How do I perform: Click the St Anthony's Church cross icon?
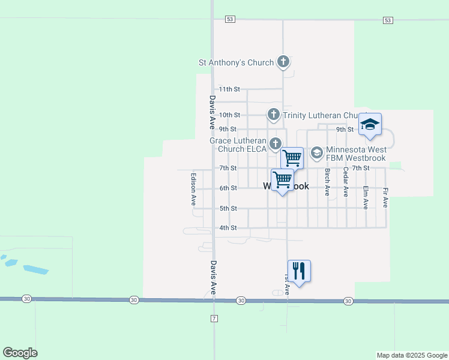[283, 62]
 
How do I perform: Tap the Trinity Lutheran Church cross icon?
[274, 115]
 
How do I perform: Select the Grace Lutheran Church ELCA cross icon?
[276, 143]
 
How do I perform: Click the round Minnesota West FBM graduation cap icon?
[316, 154]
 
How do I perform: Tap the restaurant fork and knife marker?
[298, 271]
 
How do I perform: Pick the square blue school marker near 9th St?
[370, 124]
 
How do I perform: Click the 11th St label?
[229, 89]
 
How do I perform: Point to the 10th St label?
[229, 115]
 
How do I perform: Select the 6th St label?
[228, 188]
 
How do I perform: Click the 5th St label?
[228, 208]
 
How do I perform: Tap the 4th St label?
[228, 228]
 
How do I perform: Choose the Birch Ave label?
[327, 182]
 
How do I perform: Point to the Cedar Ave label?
[346, 182]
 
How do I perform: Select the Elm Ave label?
[366, 197]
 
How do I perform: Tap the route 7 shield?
[214, 317]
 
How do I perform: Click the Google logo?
[20, 353]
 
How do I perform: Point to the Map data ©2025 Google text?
[412, 355]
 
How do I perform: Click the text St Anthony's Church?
[237, 62]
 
